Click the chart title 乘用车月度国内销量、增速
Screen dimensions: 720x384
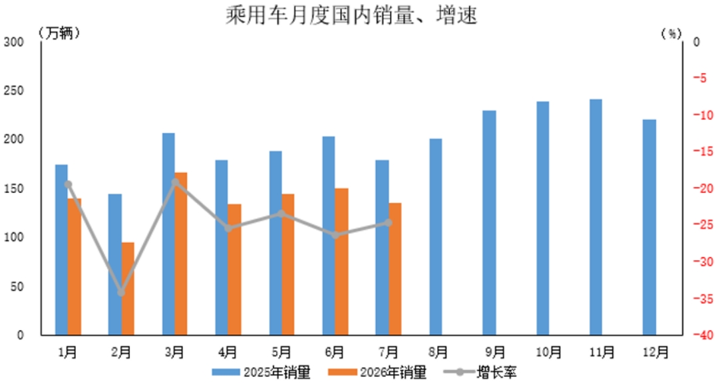click(351, 15)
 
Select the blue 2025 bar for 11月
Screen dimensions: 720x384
click(596, 217)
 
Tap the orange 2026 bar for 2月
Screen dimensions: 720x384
click(128, 288)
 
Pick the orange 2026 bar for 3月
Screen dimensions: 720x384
click(181, 254)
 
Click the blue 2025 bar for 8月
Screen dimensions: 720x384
click(436, 236)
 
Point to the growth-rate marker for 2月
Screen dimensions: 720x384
click(121, 293)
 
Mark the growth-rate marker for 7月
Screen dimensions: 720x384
click(389, 223)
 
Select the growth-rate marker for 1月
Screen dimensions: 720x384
click(68, 184)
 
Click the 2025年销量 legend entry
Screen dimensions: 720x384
click(262, 372)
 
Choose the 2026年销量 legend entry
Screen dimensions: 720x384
click(377, 372)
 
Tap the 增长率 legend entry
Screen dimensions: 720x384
click(480, 372)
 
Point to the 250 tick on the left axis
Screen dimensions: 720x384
click(14, 91)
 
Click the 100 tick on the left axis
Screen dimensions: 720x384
click(14, 238)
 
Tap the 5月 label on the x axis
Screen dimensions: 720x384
click(281, 352)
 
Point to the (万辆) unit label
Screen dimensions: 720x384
click(60, 33)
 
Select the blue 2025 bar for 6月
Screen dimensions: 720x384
click(329, 236)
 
